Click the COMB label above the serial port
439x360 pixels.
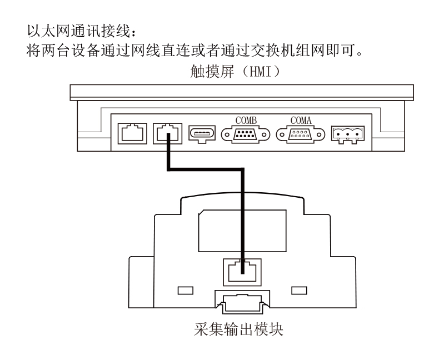(246, 121)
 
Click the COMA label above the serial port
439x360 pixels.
(301, 121)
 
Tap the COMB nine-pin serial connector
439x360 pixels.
(246, 134)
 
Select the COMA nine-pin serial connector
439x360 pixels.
(301, 134)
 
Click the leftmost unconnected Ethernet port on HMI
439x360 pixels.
(132, 133)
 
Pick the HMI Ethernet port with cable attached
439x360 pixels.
(167, 133)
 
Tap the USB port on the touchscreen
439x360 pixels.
(202, 134)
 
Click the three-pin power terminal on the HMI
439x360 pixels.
(348, 134)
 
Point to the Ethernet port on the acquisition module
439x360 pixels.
(242, 272)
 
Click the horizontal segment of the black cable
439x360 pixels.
(206, 169)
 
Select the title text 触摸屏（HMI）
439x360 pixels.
(235, 71)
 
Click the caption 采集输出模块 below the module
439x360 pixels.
(238, 329)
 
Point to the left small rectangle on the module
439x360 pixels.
(186, 291)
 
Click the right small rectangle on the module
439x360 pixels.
(300, 291)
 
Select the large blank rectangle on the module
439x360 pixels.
(242, 231)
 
